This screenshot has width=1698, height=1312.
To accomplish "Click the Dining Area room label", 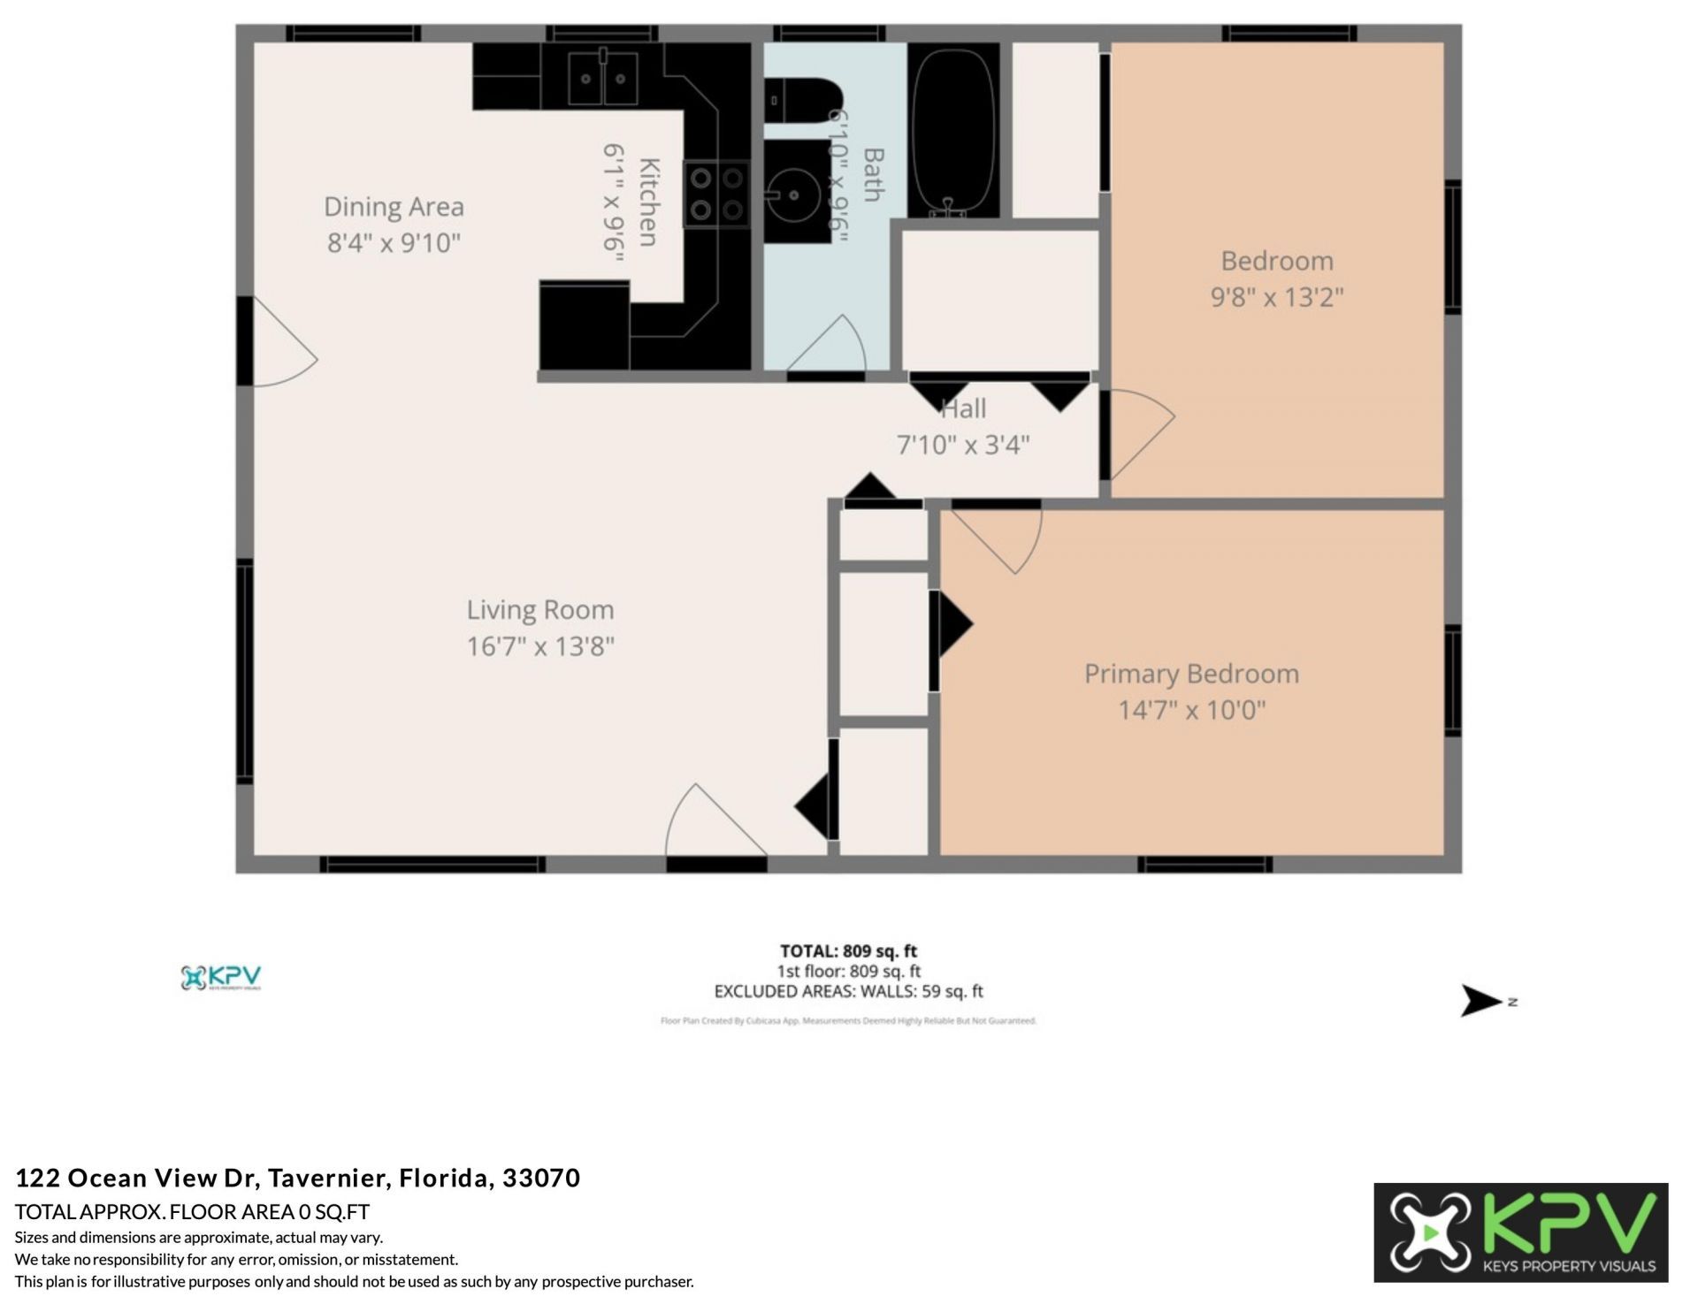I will [x=394, y=207].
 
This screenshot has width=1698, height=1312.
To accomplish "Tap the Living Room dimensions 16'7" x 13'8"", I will [x=540, y=646].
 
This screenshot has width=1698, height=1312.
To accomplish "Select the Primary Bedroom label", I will [x=1191, y=674].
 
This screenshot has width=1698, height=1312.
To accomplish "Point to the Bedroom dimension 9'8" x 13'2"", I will [x=1276, y=297].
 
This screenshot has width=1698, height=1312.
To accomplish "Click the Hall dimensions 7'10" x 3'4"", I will [x=963, y=445].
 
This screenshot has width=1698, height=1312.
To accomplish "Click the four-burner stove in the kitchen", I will [x=716, y=194].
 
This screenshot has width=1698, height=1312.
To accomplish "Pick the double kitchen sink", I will [x=602, y=78].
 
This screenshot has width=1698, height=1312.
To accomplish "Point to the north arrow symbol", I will [x=1480, y=1001].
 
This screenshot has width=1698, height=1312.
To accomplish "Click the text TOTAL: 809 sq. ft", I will [x=848, y=951].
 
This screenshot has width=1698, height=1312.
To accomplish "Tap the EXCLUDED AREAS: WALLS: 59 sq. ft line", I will [x=848, y=991].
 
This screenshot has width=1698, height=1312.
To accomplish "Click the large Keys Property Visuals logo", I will [x=1520, y=1232].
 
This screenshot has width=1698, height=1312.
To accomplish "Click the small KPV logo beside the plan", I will [x=221, y=978].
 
